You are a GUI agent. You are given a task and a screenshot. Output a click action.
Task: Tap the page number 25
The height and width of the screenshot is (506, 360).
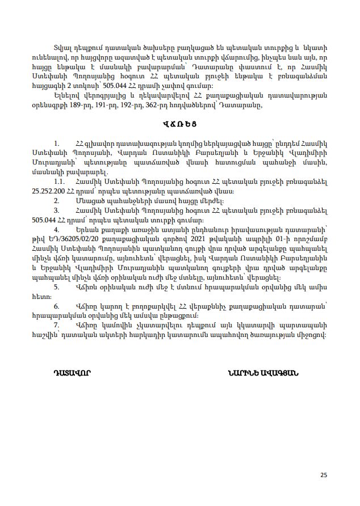324,475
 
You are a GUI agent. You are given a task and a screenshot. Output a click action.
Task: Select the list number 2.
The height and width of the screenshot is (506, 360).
57,200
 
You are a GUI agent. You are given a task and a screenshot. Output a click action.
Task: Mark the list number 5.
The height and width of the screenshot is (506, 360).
57,286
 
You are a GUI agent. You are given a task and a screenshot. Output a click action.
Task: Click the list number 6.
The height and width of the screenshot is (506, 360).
57,306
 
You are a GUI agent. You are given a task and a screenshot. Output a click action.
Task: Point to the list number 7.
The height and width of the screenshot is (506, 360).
57,325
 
